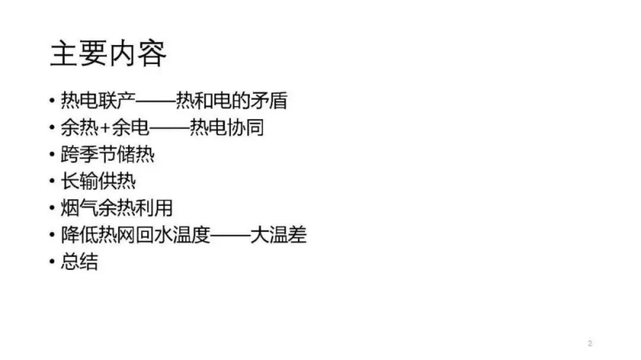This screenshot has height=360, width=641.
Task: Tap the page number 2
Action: click(590, 343)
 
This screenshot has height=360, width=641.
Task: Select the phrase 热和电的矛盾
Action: click(231, 100)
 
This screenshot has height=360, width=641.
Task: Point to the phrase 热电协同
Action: click(226, 128)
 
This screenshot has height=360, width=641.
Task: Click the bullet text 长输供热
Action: click(99, 181)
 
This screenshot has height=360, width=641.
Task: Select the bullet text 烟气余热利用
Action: click(117, 208)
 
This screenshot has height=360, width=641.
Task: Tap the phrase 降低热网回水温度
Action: click(135, 235)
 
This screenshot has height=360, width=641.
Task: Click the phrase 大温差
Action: click(278, 235)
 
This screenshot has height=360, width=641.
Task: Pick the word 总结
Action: click(80, 262)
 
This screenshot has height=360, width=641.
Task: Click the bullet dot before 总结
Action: click(52, 262)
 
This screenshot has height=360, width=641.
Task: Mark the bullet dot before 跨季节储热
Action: click(52, 155)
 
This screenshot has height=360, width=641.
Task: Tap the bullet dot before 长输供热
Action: click(52, 181)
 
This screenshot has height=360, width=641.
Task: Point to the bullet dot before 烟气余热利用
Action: click(52, 209)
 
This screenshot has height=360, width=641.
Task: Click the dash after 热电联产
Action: click(156, 101)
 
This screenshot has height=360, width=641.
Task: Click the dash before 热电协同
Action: click(169, 128)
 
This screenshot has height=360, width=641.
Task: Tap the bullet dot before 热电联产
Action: click(52, 101)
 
